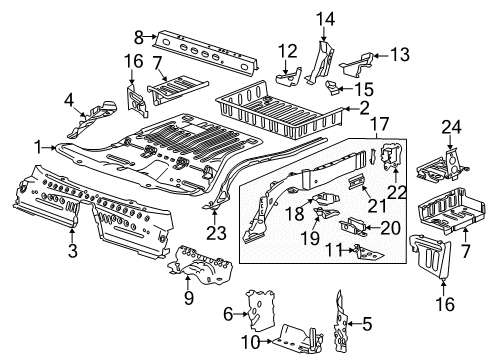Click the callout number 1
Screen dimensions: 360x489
[x=38, y=146]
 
